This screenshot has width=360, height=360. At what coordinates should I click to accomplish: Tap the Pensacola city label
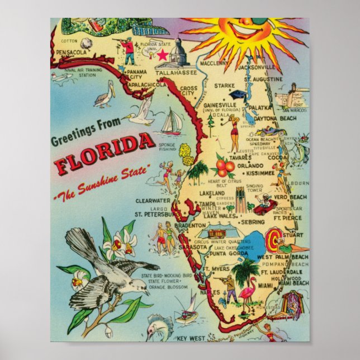[69, 52]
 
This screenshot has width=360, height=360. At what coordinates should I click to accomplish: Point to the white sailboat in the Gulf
[172, 121]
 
